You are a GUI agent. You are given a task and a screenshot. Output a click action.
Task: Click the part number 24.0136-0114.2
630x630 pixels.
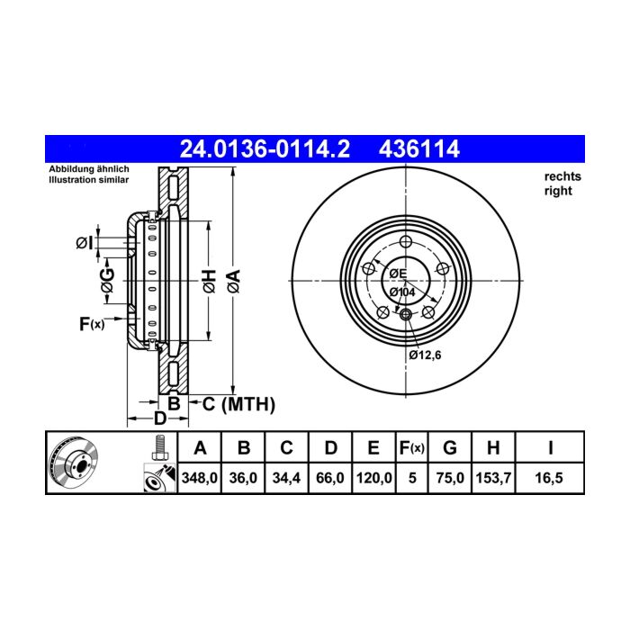pos(265,149)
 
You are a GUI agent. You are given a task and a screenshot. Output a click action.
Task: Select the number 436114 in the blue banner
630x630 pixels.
pos(418,149)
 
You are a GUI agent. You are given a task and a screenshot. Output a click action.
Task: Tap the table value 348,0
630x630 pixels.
pos(199,478)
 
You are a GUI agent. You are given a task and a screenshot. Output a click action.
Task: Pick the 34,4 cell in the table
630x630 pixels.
pos(286,478)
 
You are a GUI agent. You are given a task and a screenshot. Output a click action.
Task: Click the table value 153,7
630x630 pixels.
pos(493,478)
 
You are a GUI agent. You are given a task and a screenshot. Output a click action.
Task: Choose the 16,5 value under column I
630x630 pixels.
pos(549,478)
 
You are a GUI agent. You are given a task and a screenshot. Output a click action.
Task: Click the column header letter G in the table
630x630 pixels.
pos(450,447)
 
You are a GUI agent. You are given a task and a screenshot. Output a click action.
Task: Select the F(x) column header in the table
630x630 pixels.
pos(412,447)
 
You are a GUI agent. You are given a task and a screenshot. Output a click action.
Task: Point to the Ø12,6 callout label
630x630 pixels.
pos(425,355)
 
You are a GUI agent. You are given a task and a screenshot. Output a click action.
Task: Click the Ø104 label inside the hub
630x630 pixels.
pos(402,292)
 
